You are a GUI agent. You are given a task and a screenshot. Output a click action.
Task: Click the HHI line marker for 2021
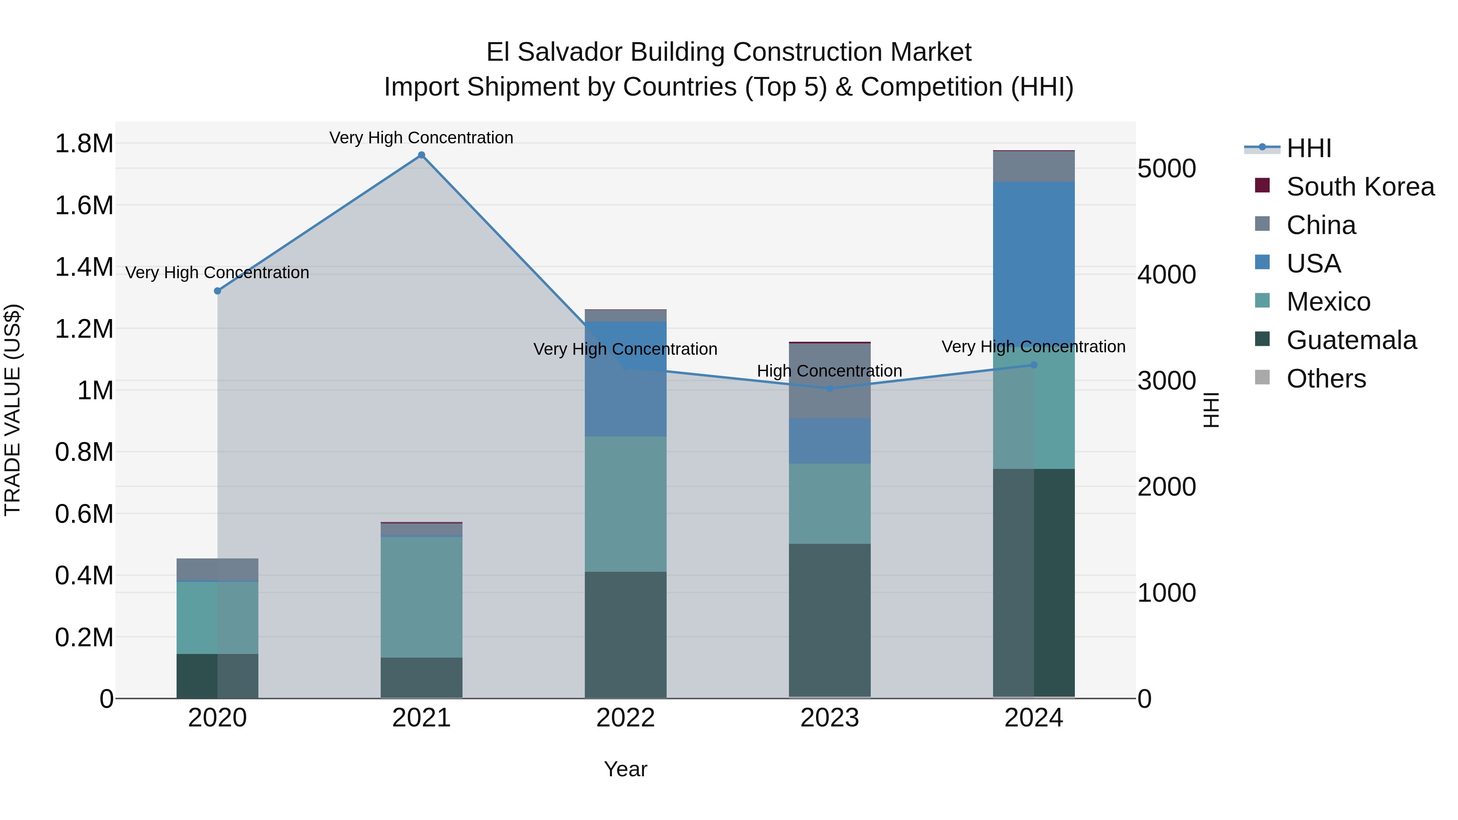tap(421, 155)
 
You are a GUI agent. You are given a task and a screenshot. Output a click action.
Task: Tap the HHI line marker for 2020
tap(217, 291)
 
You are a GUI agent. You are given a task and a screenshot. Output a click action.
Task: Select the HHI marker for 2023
tap(830, 389)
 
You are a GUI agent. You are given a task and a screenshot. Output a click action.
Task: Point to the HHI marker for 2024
tap(1034, 365)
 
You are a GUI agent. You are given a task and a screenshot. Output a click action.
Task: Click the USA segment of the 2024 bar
tap(1034, 260)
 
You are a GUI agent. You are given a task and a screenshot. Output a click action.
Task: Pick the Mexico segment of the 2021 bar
tap(421, 597)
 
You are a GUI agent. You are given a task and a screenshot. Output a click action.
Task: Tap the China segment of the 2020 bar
tap(217, 569)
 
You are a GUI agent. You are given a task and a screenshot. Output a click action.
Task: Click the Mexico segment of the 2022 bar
tap(625, 504)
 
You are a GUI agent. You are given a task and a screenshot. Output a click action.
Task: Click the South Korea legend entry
tap(1360, 187)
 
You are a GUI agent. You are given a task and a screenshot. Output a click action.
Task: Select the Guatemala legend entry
tap(1351, 340)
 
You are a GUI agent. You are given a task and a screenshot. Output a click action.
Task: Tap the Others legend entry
tap(1326, 379)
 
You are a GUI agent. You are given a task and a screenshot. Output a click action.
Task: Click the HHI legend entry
tap(1308, 148)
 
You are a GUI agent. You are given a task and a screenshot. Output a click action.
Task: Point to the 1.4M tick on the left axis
tap(84, 267)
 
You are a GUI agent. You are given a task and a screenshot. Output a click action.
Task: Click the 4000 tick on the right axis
tap(1167, 275)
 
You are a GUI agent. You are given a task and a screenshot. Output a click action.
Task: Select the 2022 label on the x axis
tap(625, 718)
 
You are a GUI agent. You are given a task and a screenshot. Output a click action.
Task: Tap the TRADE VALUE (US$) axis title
tap(13, 410)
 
